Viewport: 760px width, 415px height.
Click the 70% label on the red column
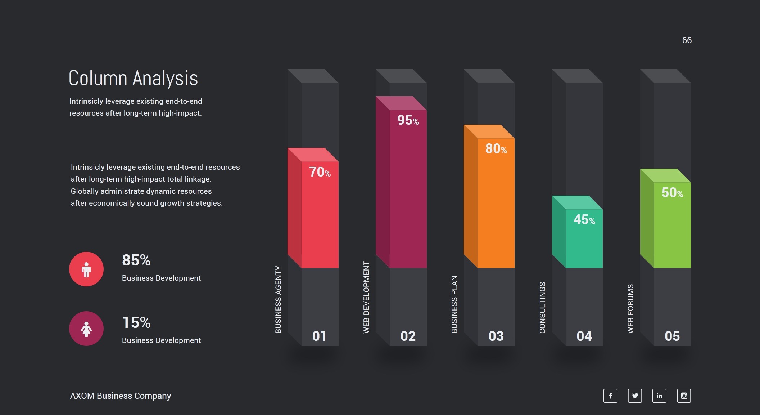coord(320,172)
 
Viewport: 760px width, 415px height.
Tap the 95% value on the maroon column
coord(408,120)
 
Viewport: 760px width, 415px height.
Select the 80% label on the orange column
coord(496,149)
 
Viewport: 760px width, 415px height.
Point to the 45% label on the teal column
coord(584,220)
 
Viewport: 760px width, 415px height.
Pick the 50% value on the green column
coord(672,193)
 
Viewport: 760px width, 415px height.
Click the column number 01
coord(319,336)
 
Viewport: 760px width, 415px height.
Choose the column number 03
coord(496,336)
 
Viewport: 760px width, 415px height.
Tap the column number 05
coord(672,336)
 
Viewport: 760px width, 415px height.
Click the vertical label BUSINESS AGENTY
coord(278,299)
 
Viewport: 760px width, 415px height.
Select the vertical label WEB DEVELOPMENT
coord(366,297)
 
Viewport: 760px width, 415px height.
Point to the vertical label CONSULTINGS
coord(543,308)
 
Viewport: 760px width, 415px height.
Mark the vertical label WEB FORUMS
coord(631,309)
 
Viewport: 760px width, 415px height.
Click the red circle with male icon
coord(86,269)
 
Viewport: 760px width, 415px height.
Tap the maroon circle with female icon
coord(86,329)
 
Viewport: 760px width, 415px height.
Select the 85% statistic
coord(136,260)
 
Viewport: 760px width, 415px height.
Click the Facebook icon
coord(610,396)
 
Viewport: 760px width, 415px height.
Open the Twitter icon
coord(635,396)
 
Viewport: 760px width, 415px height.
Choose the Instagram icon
coord(684,396)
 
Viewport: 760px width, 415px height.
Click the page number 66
coord(687,40)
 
